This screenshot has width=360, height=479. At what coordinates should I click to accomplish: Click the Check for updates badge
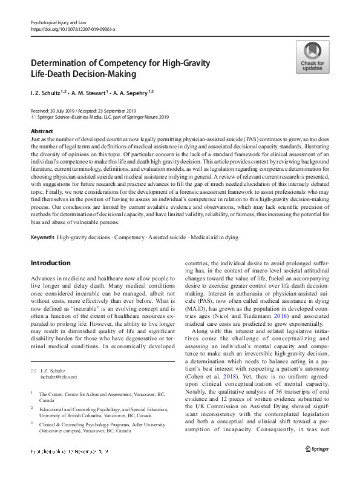pos(312,58)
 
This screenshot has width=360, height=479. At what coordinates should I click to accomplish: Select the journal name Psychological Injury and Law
pos(60,21)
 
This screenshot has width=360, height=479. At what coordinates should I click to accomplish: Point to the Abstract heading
pos(42,131)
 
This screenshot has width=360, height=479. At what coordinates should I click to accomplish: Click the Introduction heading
pos(50,263)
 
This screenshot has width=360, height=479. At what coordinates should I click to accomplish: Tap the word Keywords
pos(42,237)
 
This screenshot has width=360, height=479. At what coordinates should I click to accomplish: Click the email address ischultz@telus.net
pos(59,377)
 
